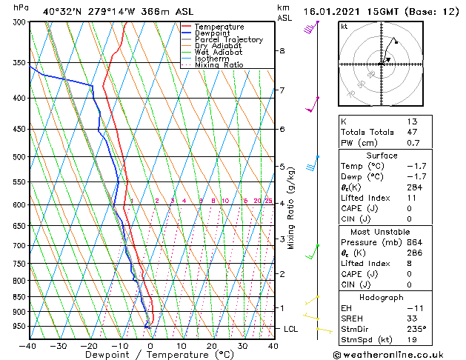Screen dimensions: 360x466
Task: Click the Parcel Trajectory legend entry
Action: click(x=228, y=39)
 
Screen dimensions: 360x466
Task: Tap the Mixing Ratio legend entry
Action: click(x=219, y=65)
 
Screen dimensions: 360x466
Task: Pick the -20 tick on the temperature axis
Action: click(x=89, y=346)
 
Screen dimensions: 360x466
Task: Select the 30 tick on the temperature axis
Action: click(x=242, y=346)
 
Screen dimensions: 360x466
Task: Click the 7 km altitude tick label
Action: click(x=282, y=90)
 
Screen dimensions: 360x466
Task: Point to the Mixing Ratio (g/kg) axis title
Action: click(x=291, y=207)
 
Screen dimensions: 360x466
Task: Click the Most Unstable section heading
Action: click(x=382, y=232)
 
